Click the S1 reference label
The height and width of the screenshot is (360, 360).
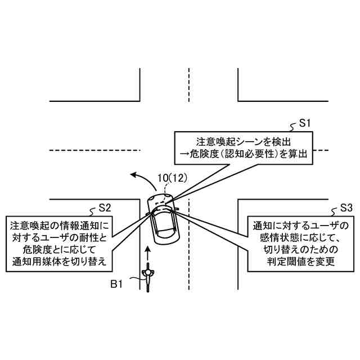(305, 122)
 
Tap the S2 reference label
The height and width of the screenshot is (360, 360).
(105, 207)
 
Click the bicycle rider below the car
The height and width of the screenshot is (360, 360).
(148, 276)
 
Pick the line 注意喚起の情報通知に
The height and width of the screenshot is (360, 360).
(60, 224)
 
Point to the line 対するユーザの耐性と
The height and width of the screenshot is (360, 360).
(60, 237)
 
